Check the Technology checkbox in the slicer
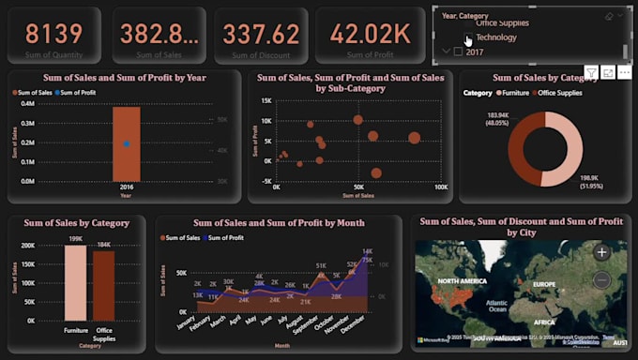[468, 38]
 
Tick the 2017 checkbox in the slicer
[459, 52]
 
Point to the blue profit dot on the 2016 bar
[127, 143]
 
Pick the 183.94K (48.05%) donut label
[497, 120]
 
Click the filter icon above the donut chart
[591, 72]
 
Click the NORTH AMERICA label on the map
[461, 281]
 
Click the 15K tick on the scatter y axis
[266, 100]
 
